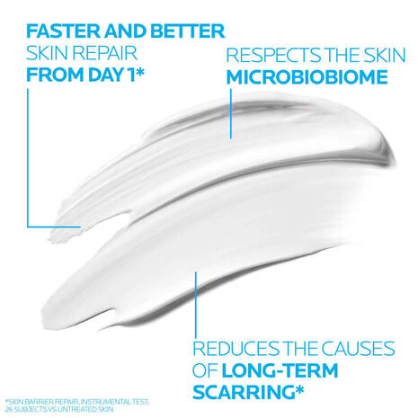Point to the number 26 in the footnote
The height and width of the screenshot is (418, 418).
tap(7, 408)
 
